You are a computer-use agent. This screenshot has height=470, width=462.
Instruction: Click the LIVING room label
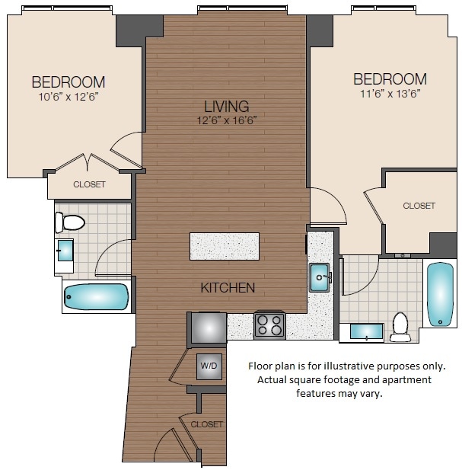(x=226, y=106)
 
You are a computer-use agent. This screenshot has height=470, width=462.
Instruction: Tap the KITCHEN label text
(x=228, y=287)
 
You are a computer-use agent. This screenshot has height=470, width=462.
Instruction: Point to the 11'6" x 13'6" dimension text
(x=389, y=93)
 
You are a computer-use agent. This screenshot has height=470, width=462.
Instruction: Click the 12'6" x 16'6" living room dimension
(x=226, y=120)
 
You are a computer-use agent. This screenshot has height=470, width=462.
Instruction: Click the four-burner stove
(x=269, y=325)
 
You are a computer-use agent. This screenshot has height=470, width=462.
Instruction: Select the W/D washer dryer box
(x=209, y=366)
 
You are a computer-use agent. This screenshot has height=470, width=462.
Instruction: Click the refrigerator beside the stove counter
(x=208, y=327)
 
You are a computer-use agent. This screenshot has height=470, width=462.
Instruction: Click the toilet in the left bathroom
(x=69, y=222)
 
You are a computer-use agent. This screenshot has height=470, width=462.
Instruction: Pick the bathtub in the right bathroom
(x=439, y=293)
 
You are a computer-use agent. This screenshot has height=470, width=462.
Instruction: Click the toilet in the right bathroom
(x=400, y=327)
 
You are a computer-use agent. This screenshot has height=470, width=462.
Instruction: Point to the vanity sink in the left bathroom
(x=64, y=251)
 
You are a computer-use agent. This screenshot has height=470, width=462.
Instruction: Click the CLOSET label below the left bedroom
(x=89, y=184)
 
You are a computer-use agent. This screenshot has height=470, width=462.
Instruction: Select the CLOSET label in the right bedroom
(x=419, y=206)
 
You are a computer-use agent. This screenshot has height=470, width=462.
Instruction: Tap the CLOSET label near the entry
(x=207, y=424)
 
